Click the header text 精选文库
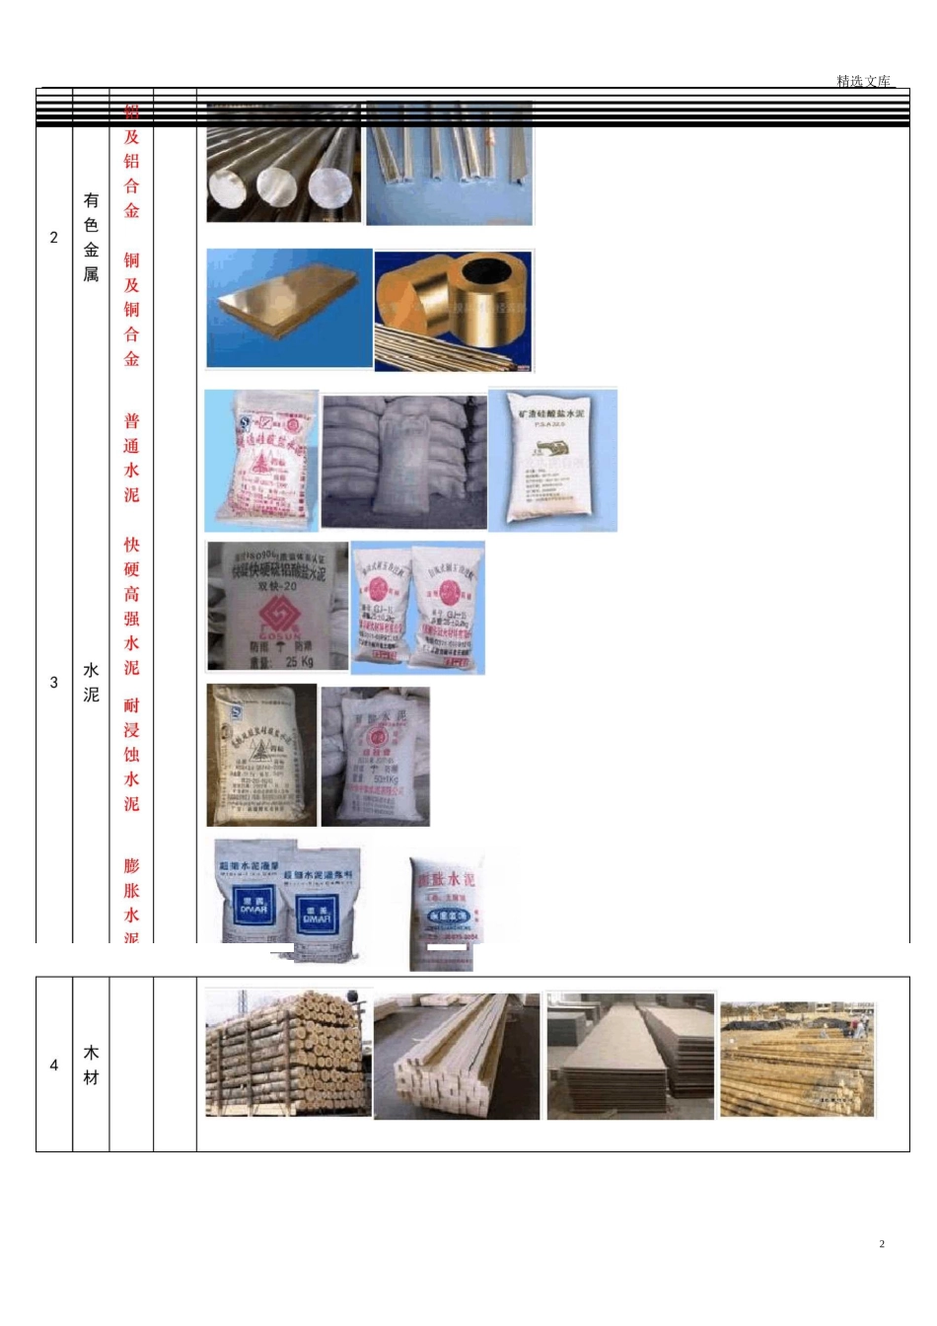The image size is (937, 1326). [x=863, y=81]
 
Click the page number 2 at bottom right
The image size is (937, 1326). [x=882, y=1243]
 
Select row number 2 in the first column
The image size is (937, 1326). [x=54, y=237]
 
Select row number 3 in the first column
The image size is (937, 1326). [x=54, y=682]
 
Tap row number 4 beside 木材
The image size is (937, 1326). [x=54, y=1065]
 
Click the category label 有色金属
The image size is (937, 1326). [x=91, y=237]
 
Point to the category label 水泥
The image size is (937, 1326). [x=91, y=682]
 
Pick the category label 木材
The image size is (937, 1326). [x=91, y=1065]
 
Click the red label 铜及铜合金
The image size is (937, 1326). [x=131, y=309]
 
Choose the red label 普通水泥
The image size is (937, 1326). [x=131, y=458]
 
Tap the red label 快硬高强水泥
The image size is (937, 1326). [x=131, y=606]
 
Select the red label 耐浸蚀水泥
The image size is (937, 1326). [x=131, y=754]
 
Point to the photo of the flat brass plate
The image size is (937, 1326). [x=289, y=308]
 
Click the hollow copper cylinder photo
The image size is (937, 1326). [x=455, y=310]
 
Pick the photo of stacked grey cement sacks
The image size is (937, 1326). [x=403, y=462]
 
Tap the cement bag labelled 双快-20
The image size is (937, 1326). [x=277, y=606]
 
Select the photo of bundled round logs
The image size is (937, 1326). [x=288, y=1054]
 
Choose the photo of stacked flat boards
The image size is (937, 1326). [x=630, y=1056]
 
